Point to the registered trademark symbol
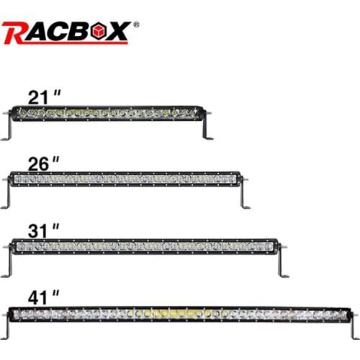tap(136, 24)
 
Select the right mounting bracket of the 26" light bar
tap(243, 195)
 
